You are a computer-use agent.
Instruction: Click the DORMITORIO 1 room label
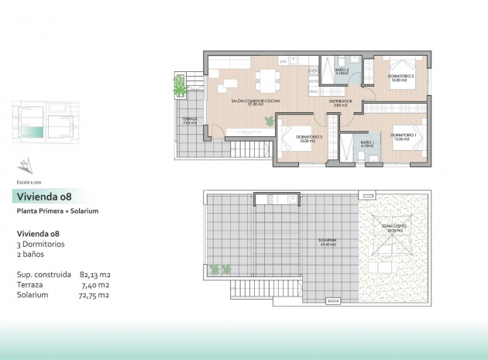[x=403, y=136]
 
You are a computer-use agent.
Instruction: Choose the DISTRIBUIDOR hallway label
[x=340, y=101]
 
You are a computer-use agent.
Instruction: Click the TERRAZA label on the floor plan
[x=190, y=120]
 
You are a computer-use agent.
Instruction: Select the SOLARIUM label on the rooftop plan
[x=326, y=240]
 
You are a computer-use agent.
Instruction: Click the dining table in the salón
[x=269, y=78]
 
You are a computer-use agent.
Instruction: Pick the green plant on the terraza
[x=181, y=85]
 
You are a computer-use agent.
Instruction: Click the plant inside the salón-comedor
[x=269, y=120]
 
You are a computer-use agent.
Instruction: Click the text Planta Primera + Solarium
[x=57, y=211]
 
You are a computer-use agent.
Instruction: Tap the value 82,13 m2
[x=95, y=274]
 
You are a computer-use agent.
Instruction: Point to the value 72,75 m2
[x=95, y=295]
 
